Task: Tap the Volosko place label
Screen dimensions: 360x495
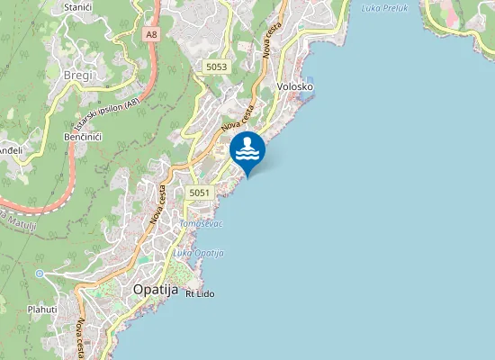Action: click(295, 86)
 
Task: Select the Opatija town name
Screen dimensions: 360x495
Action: click(157, 290)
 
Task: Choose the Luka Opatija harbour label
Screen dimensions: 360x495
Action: click(198, 254)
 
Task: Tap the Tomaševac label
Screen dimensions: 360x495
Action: click(201, 222)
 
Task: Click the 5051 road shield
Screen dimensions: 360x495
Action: click(200, 193)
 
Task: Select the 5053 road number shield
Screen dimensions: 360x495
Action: click(216, 67)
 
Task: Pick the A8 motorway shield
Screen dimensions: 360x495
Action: click(150, 34)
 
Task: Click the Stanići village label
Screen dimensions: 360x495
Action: click(77, 7)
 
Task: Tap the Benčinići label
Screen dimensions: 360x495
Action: click(82, 136)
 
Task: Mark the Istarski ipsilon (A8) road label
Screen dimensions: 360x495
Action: click(107, 116)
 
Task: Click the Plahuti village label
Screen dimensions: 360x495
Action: click(42, 309)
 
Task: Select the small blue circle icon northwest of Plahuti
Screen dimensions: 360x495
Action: click(40, 273)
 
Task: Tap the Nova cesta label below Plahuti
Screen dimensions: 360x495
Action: click(81, 337)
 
